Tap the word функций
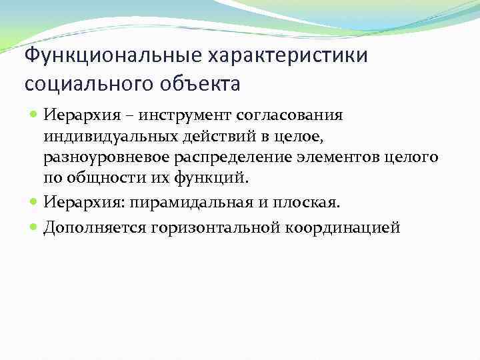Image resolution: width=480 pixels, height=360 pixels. (x=225, y=178)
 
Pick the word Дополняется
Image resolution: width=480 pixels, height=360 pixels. (x=95, y=227)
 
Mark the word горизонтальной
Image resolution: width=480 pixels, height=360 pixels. (x=220, y=227)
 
